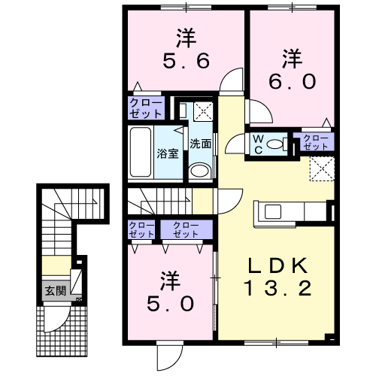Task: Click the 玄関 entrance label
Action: pyautogui.click(x=56, y=291)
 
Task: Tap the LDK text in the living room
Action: pyautogui.click(x=278, y=266)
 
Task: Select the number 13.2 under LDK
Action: pyautogui.click(x=277, y=288)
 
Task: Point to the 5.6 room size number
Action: pyautogui.click(x=186, y=61)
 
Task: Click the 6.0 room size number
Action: pyautogui.click(x=292, y=82)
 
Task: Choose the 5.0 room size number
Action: pyautogui.click(x=171, y=304)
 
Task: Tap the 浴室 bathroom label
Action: pyautogui.click(x=168, y=153)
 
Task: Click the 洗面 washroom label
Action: pyautogui.click(x=200, y=144)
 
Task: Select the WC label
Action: pyautogui.click(x=258, y=144)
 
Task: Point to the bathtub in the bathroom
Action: pyautogui.click(x=141, y=152)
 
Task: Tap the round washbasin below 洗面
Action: pyautogui.click(x=199, y=171)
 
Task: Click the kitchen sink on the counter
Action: pyautogui.click(x=273, y=211)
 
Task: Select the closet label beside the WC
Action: pyautogui.click(x=315, y=142)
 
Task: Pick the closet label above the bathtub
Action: pyautogui.click(x=146, y=108)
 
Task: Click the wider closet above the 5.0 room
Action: pyautogui.click(x=186, y=229)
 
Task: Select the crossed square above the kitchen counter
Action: pyautogui.click(x=322, y=168)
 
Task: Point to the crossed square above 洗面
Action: pyautogui.click(x=203, y=111)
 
